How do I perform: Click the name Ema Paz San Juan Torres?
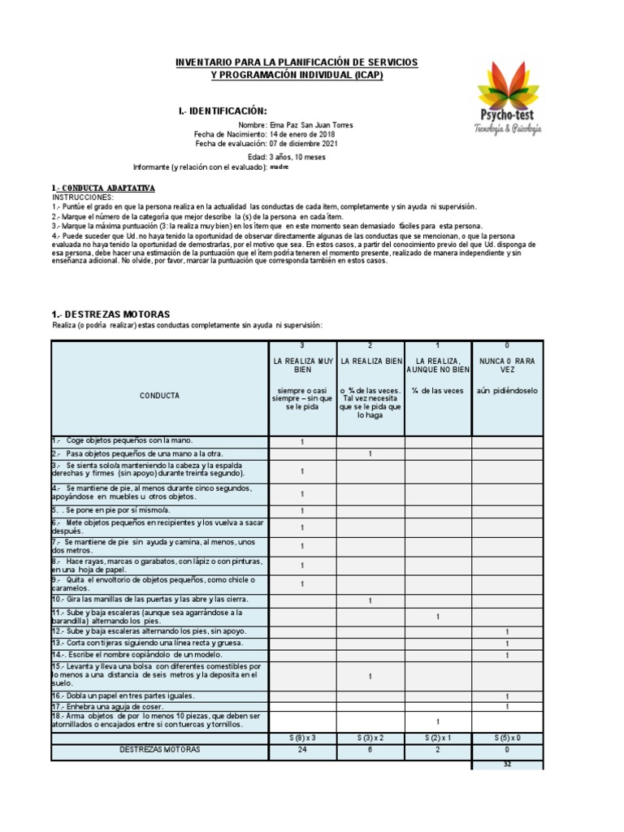312,125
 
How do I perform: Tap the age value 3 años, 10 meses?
299,157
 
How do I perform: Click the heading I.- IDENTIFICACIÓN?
222,110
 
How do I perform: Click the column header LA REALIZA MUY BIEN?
301,363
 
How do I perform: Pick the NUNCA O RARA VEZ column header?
507,363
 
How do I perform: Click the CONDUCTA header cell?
159,396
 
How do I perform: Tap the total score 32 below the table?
507,764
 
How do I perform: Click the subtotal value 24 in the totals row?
301,750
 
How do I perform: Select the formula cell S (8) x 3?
301,737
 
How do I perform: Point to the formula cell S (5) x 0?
507,737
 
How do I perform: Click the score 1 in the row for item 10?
370,600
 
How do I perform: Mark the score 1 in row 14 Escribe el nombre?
507,655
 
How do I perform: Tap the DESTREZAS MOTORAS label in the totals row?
159,750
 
